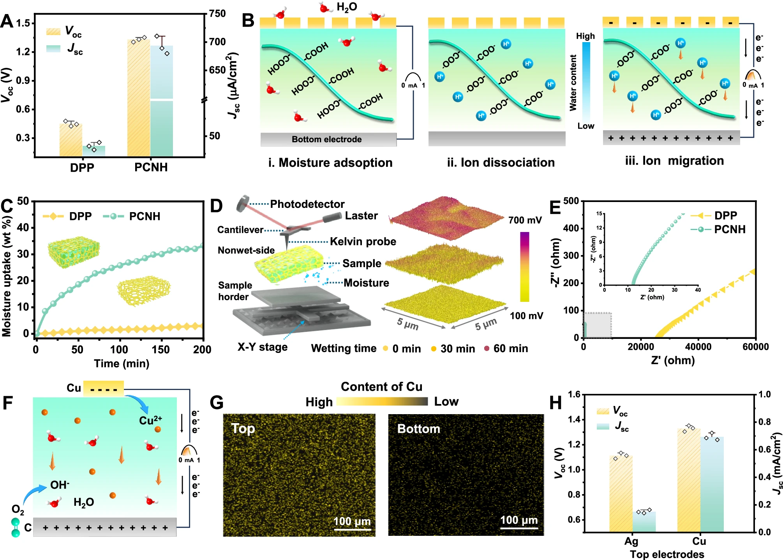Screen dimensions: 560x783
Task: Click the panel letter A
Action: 7,21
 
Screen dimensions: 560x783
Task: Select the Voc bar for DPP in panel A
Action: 71,140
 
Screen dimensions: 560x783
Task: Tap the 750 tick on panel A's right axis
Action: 217,14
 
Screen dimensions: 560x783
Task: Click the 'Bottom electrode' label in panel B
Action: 326,139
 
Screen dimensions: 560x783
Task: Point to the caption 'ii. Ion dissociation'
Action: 501,162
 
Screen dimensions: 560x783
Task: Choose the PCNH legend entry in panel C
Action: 132,216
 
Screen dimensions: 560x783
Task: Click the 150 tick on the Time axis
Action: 160,349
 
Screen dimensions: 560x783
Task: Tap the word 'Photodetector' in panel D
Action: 307,204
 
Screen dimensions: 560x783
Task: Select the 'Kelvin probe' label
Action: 363,242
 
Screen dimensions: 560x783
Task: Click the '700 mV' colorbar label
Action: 525,220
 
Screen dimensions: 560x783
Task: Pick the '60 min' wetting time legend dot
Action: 487,348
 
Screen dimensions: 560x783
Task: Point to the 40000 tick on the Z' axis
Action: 698,347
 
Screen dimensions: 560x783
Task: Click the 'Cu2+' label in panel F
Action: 150,420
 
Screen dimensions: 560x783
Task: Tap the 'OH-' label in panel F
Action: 60,485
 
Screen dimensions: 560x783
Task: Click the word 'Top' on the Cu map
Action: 243,429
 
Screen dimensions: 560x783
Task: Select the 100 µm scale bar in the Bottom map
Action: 519,528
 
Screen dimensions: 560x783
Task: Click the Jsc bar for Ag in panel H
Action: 644,522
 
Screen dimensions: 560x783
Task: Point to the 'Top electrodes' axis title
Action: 667,554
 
